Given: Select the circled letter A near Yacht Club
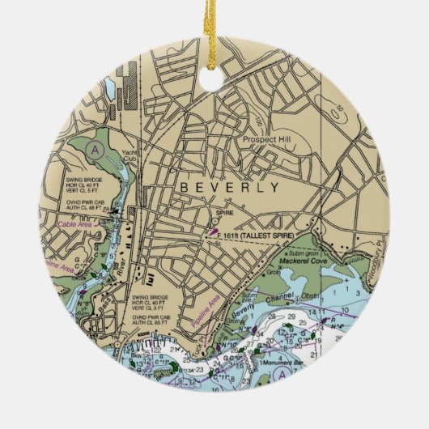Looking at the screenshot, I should pos(97,150).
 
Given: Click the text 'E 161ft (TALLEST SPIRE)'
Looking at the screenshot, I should pos(262,234).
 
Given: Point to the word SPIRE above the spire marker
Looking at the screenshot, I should pos(226,213).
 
